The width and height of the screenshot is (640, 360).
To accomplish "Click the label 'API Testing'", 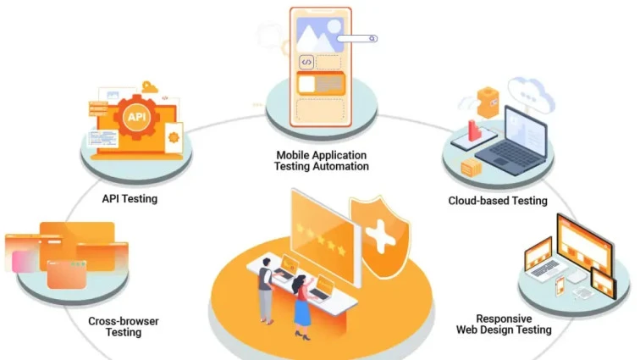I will point(130,199).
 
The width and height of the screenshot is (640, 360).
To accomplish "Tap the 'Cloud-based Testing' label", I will point(498,201).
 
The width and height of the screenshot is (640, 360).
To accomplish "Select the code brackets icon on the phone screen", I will point(306,62).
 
